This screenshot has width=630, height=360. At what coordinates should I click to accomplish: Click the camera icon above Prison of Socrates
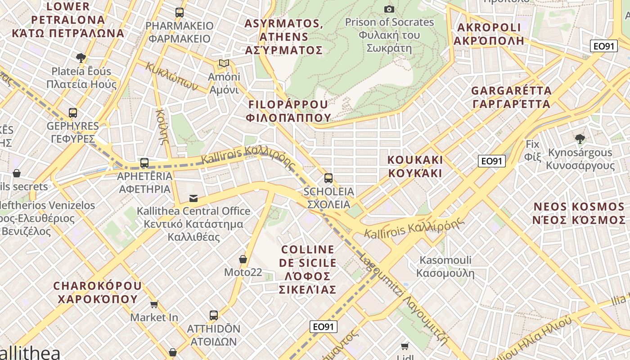(x=389, y=9)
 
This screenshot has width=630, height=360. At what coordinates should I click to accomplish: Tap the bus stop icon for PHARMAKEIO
(x=180, y=13)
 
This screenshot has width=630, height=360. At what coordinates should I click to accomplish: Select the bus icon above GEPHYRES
(x=73, y=112)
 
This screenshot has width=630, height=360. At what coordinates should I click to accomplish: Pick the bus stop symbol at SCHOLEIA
(x=328, y=178)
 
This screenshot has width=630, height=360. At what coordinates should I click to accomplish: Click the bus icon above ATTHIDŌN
(x=214, y=315)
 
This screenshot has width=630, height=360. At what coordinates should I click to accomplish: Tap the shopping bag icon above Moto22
(x=243, y=259)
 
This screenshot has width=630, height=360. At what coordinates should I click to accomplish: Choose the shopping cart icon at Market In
(x=154, y=305)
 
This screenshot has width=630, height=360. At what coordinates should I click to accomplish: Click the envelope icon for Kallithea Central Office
(x=193, y=198)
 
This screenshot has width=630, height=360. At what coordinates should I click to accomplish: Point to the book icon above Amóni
(x=224, y=63)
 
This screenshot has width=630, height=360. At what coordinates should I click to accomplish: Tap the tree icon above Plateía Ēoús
(x=81, y=58)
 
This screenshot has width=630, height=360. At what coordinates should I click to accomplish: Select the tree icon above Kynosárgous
(x=580, y=139)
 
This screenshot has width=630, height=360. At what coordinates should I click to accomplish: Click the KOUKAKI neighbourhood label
(x=415, y=166)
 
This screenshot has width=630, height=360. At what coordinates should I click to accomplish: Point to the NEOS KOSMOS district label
(x=579, y=213)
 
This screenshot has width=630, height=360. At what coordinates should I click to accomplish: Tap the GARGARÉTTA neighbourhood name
(x=511, y=97)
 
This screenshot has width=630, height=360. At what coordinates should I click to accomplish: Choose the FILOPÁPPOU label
(x=288, y=111)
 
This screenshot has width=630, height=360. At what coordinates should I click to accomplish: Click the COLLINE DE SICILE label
(x=308, y=269)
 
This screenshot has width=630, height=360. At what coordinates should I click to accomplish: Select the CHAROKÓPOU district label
(x=97, y=292)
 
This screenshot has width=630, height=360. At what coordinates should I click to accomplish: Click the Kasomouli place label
(x=445, y=266)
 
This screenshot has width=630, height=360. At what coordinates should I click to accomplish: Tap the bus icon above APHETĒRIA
(x=144, y=163)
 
